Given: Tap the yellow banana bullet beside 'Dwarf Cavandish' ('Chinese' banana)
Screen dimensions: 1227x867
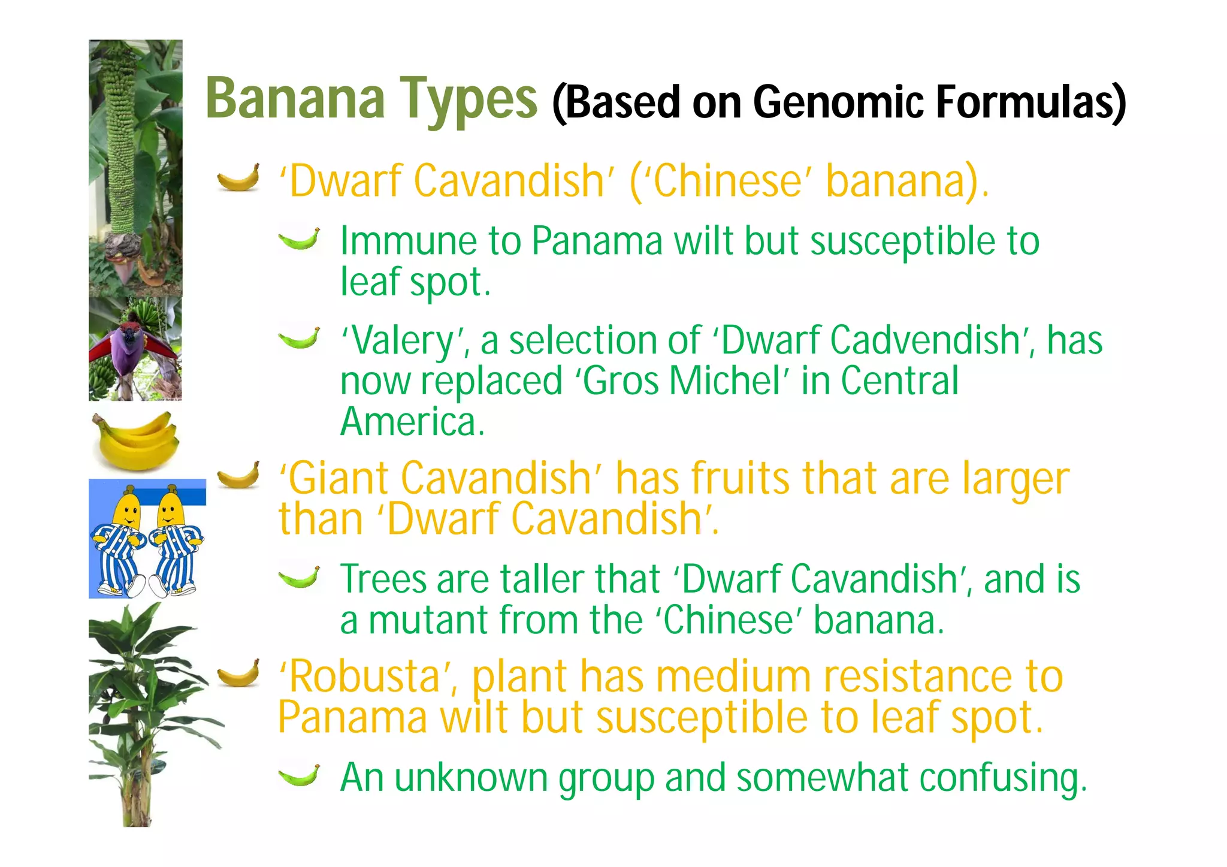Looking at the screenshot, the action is tap(238, 177).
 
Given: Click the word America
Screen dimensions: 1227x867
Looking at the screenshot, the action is tap(412, 421).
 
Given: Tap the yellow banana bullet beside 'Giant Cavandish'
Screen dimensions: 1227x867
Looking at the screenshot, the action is tap(238, 475).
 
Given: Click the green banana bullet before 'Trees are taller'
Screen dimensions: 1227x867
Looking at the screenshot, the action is tap(299, 577).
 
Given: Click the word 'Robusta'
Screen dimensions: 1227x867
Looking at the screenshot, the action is tap(368, 676).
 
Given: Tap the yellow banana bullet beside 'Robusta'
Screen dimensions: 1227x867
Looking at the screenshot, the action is tap(238, 673).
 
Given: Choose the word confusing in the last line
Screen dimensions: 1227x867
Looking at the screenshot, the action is tap(1003, 779).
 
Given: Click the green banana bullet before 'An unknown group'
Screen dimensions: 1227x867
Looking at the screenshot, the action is tap(299, 775).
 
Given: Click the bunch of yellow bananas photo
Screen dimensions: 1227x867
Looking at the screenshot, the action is tap(136, 440).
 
